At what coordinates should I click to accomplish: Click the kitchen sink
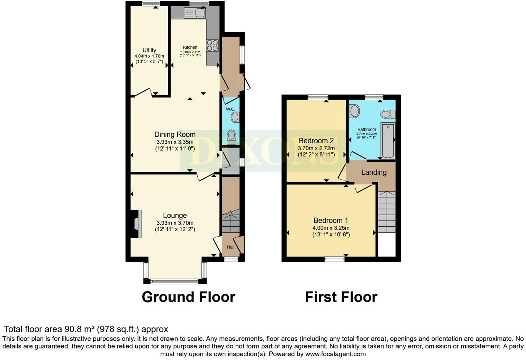pyautogui.click(x=195, y=13)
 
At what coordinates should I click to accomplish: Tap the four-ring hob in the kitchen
pyautogui.click(x=212, y=45)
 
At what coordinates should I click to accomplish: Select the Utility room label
pyautogui.click(x=149, y=50)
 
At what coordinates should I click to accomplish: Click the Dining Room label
pyautogui.click(x=175, y=135)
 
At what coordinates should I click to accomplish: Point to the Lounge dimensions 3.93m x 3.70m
pyautogui.click(x=175, y=223)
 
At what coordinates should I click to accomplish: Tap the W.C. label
pyautogui.click(x=230, y=109)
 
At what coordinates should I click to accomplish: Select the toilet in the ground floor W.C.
pyautogui.click(x=232, y=137)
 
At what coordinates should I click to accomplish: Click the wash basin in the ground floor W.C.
pyautogui.click(x=235, y=117)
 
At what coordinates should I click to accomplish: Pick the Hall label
pyautogui.click(x=230, y=247)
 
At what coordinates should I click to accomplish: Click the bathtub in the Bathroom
pyautogui.click(x=388, y=141)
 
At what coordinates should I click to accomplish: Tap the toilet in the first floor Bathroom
pyautogui.click(x=388, y=114)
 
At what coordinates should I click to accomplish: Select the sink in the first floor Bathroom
pyautogui.click(x=354, y=111)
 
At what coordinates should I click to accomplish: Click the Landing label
pyautogui.click(x=374, y=172)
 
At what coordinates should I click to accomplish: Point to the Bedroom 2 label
pyautogui.click(x=316, y=141)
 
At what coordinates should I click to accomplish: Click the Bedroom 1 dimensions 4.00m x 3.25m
pyautogui.click(x=331, y=228)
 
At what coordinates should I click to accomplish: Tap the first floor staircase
pyautogui.click(x=387, y=212)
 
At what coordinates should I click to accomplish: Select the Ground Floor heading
pyautogui.click(x=189, y=297)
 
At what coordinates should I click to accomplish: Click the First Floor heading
pyautogui.click(x=341, y=297)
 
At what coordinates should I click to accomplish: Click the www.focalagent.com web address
pyautogui.click(x=335, y=354)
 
